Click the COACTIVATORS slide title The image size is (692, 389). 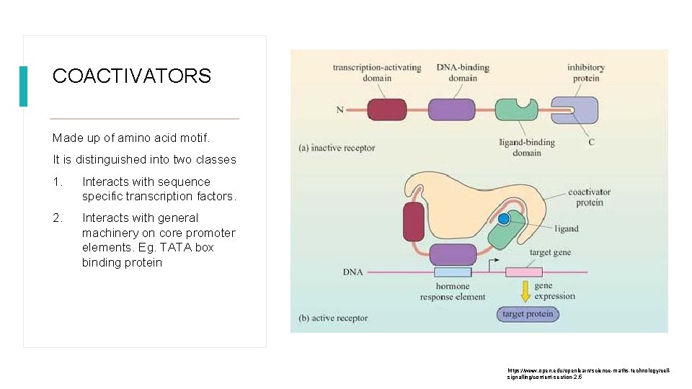tap(132, 76)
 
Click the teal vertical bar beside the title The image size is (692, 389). tap(23, 86)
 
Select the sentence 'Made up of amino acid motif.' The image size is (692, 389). tap(130, 138)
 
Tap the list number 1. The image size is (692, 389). tap(57, 182)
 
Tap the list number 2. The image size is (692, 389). tap(57, 218)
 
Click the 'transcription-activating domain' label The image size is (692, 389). tap(376, 73)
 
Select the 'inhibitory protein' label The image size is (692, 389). tap(585, 73)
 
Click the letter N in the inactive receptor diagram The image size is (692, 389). tap(340, 110)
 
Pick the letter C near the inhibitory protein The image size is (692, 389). tap(591, 142)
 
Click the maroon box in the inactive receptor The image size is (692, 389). tap(387, 109)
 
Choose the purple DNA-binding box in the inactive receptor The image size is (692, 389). tap(451, 109)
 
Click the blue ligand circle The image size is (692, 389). tap(504, 218)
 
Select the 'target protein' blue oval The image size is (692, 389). tap(528, 314)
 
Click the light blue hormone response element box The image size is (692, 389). tap(453, 272)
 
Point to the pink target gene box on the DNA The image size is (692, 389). tap(523, 272)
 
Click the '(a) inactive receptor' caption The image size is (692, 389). tap(337, 148)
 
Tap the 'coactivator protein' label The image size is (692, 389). tap(589, 197)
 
